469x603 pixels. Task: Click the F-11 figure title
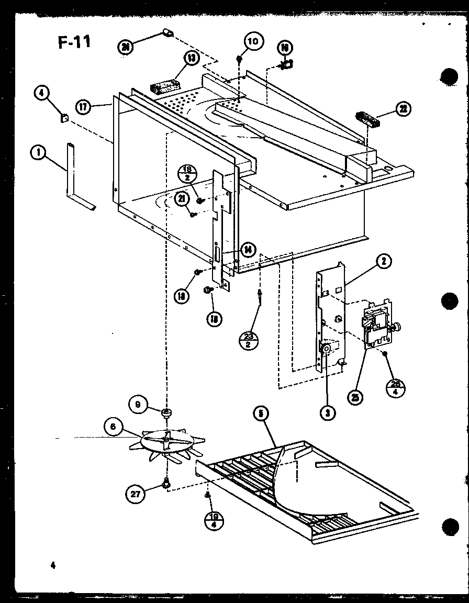point(73,41)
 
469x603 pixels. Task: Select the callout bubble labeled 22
point(403,109)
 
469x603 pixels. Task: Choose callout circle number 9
point(137,404)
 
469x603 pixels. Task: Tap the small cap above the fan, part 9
point(167,414)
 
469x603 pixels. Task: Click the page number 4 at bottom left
point(53,565)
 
